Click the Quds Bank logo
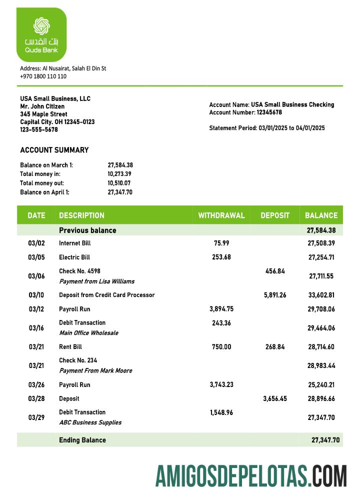(x=41, y=34)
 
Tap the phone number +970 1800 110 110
(x=43, y=76)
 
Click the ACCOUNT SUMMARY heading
(x=54, y=150)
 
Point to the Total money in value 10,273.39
(x=120, y=174)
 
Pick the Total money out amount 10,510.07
(x=120, y=183)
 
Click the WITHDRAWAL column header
(x=221, y=215)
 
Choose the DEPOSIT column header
(x=275, y=215)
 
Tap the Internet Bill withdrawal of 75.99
(x=221, y=243)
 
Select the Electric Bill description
(x=74, y=257)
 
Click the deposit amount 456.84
(x=274, y=271)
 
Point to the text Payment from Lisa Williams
(x=96, y=281)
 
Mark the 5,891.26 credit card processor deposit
(x=274, y=295)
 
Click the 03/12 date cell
(x=36, y=309)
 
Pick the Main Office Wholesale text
(x=89, y=333)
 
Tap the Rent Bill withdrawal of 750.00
(x=221, y=347)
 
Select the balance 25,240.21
(x=321, y=385)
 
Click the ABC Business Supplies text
(x=90, y=422)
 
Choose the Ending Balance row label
(x=82, y=440)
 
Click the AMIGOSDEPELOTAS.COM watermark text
(x=251, y=475)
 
